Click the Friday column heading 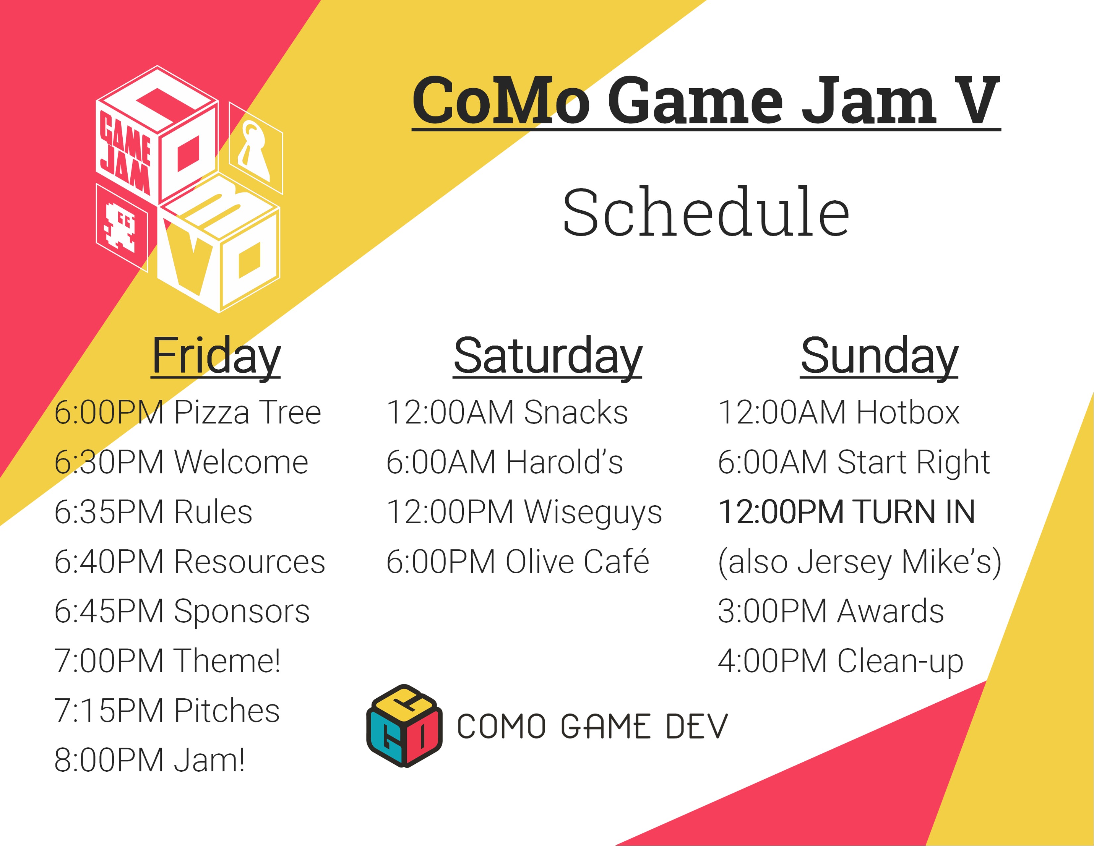coord(216,357)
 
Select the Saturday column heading coord(548,357)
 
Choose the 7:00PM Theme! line coord(167,661)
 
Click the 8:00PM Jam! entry coord(149,760)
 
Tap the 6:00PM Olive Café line coord(518,561)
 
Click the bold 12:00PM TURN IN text coord(847,512)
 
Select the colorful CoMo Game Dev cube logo coord(404,725)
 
